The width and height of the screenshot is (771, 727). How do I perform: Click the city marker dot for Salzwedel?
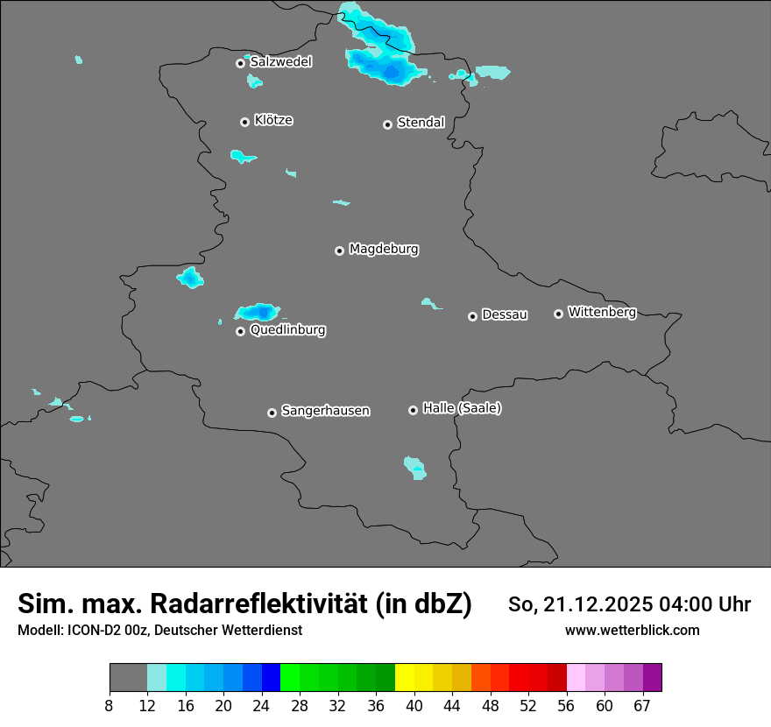point(240,63)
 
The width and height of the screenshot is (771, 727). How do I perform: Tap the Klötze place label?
point(273,120)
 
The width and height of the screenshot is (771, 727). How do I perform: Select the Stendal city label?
point(421,123)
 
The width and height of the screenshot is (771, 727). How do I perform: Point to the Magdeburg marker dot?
point(339,251)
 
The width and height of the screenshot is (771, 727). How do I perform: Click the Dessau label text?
point(505,314)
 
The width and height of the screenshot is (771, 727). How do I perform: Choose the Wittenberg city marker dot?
point(558,314)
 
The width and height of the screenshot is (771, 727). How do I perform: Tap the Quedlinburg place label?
point(287,330)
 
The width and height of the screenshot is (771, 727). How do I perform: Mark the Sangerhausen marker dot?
point(272,413)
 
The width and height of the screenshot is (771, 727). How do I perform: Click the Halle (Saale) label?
point(462,408)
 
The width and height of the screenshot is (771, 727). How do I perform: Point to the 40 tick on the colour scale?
point(414,704)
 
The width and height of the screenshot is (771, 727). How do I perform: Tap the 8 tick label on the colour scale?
point(110,704)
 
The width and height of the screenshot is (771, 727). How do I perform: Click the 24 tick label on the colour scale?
point(262,704)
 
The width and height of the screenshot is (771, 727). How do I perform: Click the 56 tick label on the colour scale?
point(567,704)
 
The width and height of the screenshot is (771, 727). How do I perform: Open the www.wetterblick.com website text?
point(633,630)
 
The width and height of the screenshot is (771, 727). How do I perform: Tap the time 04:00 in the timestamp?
point(686,604)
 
